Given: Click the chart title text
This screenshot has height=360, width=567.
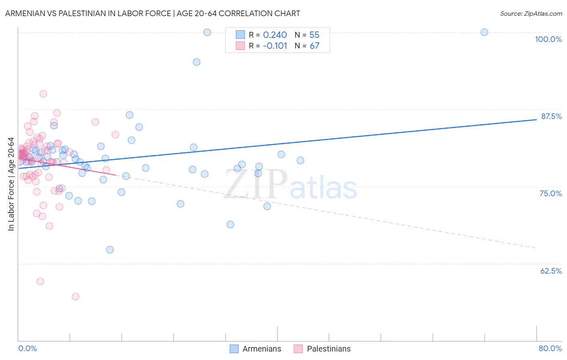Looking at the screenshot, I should [x=152, y=13].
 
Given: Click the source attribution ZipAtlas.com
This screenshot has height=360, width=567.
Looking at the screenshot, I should [x=531, y=13].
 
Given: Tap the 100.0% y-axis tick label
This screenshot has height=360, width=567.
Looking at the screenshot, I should [x=548, y=39].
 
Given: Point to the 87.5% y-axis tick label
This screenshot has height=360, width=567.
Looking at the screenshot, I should [x=551, y=116].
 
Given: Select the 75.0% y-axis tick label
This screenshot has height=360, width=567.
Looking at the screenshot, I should [x=550, y=193].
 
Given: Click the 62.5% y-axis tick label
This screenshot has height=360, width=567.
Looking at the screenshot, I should [x=551, y=271].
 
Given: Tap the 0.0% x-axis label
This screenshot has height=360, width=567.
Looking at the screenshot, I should [x=27, y=348].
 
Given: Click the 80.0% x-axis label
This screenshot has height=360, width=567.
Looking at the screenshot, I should [x=550, y=348].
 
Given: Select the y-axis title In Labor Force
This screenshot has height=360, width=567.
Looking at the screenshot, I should [x=11, y=184].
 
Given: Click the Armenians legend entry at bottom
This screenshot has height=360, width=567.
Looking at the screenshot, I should [x=255, y=349].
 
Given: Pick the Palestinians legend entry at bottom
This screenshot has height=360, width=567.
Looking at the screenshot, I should [x=322, y=349].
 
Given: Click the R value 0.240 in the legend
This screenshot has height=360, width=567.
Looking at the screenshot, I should [x=275, y=35].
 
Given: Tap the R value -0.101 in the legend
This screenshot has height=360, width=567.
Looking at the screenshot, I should [x=275, y=46].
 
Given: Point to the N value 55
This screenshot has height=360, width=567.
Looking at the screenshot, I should [x=314, y=35].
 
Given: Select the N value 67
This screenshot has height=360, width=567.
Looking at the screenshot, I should [x=314, y=46].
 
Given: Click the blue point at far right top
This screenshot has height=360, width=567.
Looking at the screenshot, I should [x=484, y=32].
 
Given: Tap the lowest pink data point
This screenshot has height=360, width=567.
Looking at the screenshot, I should [x=75, y=297].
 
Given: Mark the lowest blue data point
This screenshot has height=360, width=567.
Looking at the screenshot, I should [x=110, y=250].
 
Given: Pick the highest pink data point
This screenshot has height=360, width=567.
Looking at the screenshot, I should [x=43, y=94].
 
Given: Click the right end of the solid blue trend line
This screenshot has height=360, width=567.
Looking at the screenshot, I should [x=536, y=119].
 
